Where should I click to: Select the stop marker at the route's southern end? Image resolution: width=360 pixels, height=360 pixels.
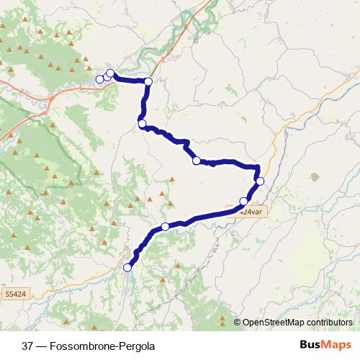click(128, 268)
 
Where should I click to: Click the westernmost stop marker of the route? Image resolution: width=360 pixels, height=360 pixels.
click(100, 78)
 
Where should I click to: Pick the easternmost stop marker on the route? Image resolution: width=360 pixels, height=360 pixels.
click(260, 181)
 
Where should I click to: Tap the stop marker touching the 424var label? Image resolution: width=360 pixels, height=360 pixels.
click(244, 201)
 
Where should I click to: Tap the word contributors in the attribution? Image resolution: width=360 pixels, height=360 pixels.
click(330, 323)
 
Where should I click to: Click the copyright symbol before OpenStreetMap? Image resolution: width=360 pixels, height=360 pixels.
click(238, 323)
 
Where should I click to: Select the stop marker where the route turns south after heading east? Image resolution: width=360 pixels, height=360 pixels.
click(148, 81)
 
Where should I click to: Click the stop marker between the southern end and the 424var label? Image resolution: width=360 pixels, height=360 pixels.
click(165, 227)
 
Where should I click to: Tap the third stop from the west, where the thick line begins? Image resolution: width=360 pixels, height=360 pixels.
click(110, 73)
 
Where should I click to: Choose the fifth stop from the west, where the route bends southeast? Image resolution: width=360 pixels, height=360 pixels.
click(143, 125)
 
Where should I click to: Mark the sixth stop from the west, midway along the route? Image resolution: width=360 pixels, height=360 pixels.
click(196, 161)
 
